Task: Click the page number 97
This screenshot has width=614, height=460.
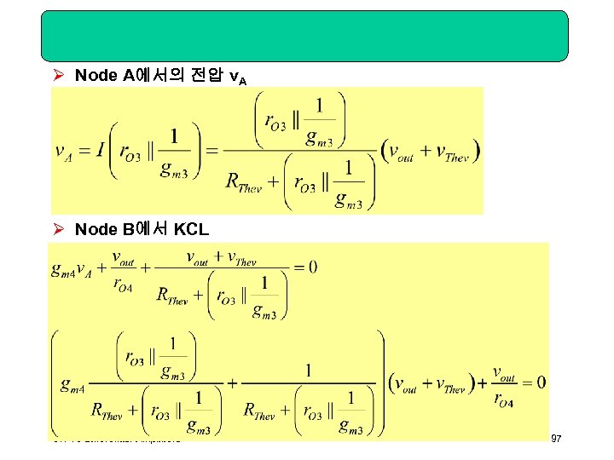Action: [x=556, y=439]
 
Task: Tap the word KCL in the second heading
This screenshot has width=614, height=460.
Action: [x=191, y=229]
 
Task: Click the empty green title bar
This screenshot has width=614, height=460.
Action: [x=307, y=36]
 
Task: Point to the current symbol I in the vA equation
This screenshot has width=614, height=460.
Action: [x=101, y=151]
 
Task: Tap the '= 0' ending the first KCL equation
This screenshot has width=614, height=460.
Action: [x=304, y=267]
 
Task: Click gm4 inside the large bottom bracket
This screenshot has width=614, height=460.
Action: [x=72, y=385]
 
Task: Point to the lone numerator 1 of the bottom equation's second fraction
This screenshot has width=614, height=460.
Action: [x=308, y=371]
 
